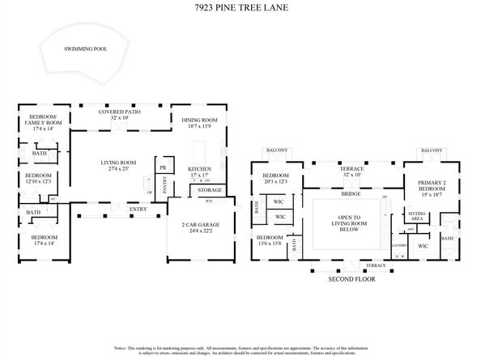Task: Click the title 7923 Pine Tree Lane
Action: [240, 9]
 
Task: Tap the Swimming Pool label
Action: [85, 49]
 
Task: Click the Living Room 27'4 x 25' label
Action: [118, 166]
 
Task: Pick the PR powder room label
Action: [163, 167]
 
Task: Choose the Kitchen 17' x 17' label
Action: [199, 172]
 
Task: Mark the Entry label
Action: [138, 210]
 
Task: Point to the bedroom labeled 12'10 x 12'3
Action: [38, 178]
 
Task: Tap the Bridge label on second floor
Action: [351, 195]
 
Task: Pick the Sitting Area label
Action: [417, 216]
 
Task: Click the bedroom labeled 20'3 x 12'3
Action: [275, 179]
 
